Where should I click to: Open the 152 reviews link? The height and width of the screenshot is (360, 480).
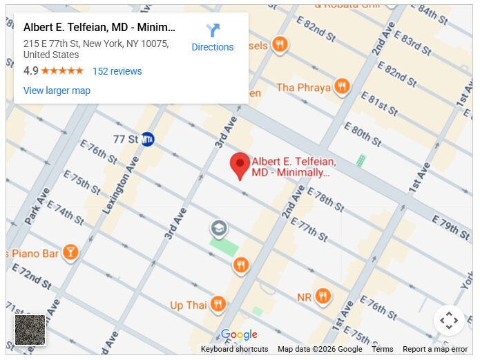point(117,71)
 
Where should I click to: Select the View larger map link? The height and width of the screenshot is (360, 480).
point(57,91)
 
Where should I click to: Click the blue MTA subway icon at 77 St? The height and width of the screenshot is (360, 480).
point(147,139)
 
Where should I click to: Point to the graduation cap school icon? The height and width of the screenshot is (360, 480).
point(219,228)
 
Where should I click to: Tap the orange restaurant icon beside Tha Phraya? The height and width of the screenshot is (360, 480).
point(341,87)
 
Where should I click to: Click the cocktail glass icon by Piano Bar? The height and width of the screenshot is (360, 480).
point(70,253)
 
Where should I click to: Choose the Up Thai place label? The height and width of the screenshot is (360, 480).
point(188,305)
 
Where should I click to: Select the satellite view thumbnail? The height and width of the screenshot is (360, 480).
point(30,330)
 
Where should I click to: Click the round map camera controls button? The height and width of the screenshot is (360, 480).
point(449,320)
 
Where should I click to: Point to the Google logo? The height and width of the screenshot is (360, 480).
point(239,335)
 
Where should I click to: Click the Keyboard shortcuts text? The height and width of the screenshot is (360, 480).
point(234,349)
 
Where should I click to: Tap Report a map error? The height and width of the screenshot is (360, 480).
point(435,349)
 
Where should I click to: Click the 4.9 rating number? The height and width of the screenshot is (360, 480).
point(30,71)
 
